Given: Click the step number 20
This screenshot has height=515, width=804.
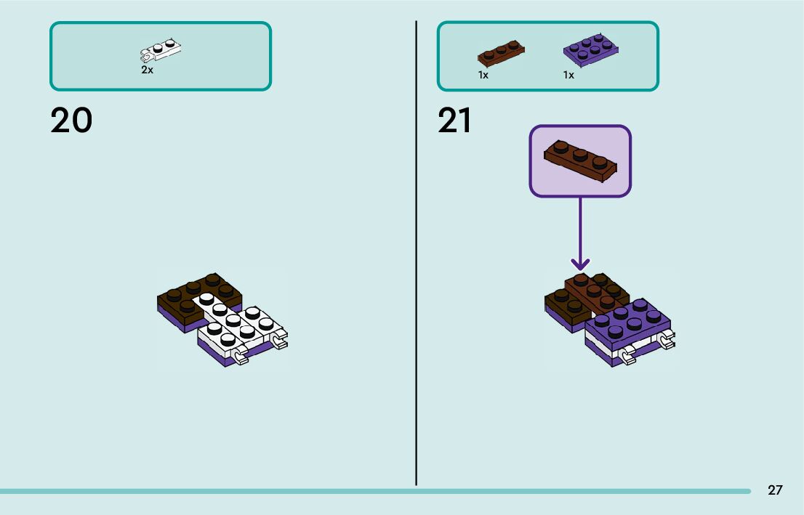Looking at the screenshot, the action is pyautogui.click(x=71, y=121).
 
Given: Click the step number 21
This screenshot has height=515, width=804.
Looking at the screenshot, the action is pyautogui.click(x=455, y=121).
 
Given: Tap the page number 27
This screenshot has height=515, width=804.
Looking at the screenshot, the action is pyautogui.click(x=775, y=490).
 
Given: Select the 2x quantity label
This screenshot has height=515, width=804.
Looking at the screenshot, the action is pyautogui.click(x=147, y=70).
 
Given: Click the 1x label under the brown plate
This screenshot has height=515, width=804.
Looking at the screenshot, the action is pyautogui.click(x=483, y=75).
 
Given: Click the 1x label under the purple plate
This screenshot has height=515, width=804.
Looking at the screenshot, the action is pyautogui.click(x=568, y=75).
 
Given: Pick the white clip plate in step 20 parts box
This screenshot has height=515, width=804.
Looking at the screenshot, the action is pyautogui.click(x=161, y=50).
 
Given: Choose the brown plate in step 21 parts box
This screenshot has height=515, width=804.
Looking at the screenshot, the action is pyautogui.click(x=501, y=52).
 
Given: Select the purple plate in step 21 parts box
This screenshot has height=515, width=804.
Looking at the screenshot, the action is pyautogui.click(x=591, y=48).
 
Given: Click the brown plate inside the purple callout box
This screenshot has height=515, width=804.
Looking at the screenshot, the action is pyautogui.click(x=580, y=160).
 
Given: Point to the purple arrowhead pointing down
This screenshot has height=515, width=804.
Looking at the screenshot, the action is pyautogui.click(x=580, y=263).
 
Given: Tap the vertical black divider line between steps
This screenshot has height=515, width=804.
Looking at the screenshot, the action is pyautogui.click(x=417, y=254).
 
